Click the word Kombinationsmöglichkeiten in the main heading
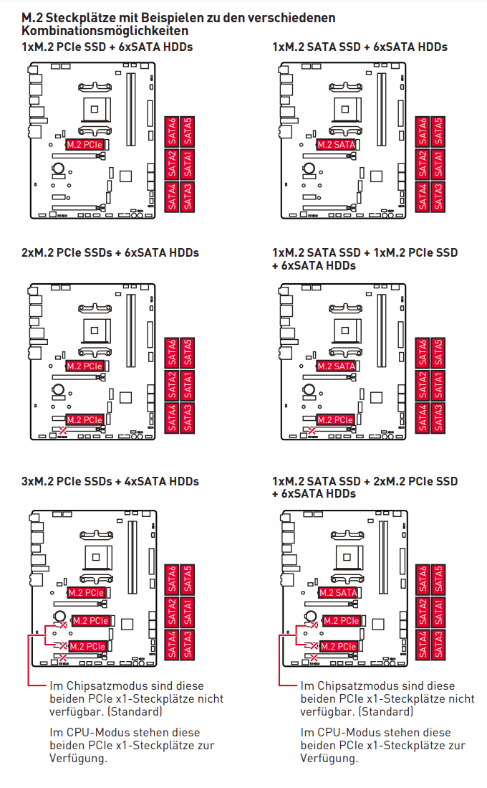(105, 31)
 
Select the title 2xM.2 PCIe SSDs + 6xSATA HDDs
(110, 253)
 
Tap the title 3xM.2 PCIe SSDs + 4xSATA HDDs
(110, 481)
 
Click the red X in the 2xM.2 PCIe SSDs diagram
(63, 431)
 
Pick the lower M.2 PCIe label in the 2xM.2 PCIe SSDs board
(85, 419)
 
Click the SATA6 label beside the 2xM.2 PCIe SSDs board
(172, 353)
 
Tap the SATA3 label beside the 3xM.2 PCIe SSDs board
(188, 645)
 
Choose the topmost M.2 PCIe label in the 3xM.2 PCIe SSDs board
(86, 593)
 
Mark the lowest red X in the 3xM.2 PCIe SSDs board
(63, 658)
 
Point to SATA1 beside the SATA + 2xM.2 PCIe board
(438, 612)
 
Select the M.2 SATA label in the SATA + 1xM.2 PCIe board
(336, 366)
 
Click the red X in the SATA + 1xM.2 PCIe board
(312, 431)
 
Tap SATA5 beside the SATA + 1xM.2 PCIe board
(438, 353)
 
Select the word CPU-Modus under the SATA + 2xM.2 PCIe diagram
(347, 733)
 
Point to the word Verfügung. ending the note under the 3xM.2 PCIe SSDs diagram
(78, 759)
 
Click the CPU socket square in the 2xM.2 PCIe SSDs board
(95, 331)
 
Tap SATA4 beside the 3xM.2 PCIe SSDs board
(172, 645)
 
